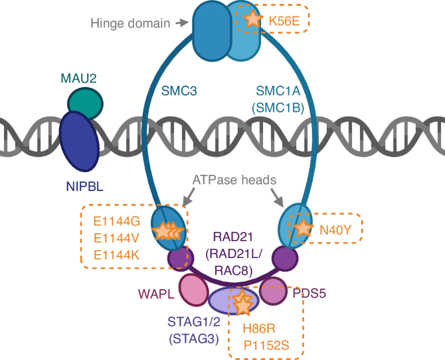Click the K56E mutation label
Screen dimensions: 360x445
(x=284, y=21)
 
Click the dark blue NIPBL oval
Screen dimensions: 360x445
(x=79, y=139)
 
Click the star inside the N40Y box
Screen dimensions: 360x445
(x=302, y=228)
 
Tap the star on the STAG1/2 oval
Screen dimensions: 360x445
(x=241, y=302)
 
